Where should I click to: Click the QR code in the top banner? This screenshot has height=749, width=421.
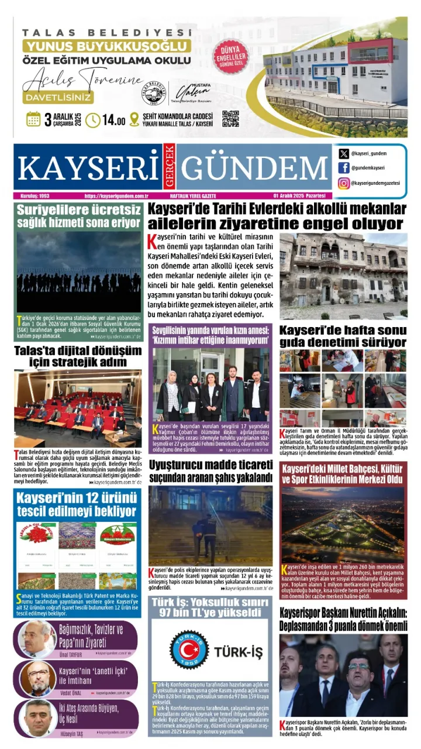(230, 118)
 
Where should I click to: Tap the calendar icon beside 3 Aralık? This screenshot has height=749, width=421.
(33, 119)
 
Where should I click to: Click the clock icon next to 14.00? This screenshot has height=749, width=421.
(92, 120)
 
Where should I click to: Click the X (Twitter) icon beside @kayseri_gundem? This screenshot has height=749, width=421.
(344, 154)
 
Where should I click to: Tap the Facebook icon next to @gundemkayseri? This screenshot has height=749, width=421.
(344, 169)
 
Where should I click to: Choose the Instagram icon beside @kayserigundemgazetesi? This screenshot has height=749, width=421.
(344, 183)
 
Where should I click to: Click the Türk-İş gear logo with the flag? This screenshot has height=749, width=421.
(188, 650)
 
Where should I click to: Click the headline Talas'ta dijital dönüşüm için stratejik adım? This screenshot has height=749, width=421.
(78, 356)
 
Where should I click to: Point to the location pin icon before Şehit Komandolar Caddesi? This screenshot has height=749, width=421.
(134, 119)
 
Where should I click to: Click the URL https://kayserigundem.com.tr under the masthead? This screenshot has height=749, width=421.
(116, 196)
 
